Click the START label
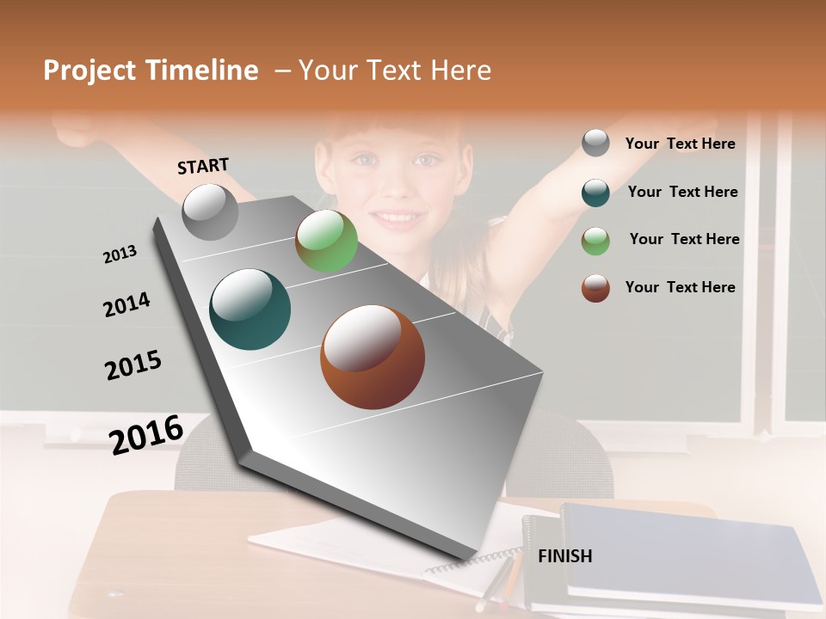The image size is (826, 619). pos(203,165)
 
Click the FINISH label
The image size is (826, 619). pos(564,556)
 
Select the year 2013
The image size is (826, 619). pos(120,254)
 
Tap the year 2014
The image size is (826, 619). pos(126,304)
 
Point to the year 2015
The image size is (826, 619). pos(133,365)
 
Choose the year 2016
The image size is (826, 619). pos(146,434)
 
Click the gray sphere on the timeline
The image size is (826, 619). pos(210,212)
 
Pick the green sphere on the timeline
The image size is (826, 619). pos(326,242)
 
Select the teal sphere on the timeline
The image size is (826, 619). pos(250,309)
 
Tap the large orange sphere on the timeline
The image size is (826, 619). pos(372,357)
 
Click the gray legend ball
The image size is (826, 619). pos(595,143)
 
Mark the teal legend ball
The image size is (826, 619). pos(595,192)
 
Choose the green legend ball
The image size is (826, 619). pos(595,240)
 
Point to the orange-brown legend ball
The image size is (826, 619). pos(595,287)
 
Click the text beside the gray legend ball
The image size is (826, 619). pos(680,144)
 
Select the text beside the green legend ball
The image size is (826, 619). pos(684,239)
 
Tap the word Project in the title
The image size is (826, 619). pos(89,70)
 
